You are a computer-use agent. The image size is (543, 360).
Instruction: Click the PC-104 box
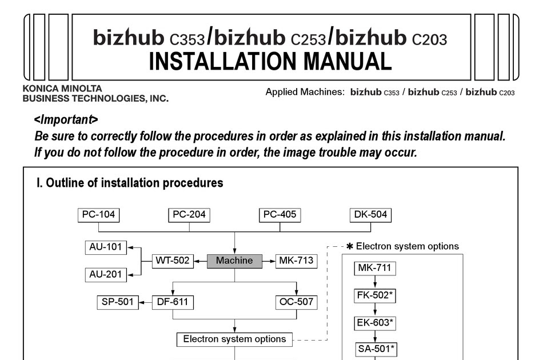pyautogui.click(x=98, y=215)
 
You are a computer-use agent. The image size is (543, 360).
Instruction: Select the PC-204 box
pyautogui.click(x=189, y=215)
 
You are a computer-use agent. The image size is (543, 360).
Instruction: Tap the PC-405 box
pyautogui.click(x=280, y=215)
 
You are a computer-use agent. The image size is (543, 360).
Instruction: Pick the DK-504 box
pyautogui.click(x=370, y=215)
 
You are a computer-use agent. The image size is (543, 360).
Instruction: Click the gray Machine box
pyautogui.click(x=234, y=261)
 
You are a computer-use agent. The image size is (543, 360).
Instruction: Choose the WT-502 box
pyautogui.click(x=172, y=261)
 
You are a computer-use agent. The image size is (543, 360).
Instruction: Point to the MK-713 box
pyautogui.click(x=296, y=261)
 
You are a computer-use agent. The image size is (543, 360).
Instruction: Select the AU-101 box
pyautogui.click(x=106, y=247)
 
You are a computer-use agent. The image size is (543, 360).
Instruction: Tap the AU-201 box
pyautogui.click(x=106, y=274)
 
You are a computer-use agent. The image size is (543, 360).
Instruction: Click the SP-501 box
pyautogui.click(x=118, y=302)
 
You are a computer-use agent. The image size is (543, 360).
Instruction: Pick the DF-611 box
pyautogui.click(x=172, y=302)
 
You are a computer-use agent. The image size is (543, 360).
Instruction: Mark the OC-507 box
pyautogui.click(x=296, y=302)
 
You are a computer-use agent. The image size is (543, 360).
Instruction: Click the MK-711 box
pyautogui.click(x=375, y=268)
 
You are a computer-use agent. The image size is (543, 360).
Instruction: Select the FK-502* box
pyautogui.click(x=375, y=295)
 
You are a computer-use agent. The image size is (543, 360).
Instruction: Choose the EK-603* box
pyautogui.click(x=375, y=323)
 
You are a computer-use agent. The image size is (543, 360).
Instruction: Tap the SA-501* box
pyautogui.click(x=375, y=349)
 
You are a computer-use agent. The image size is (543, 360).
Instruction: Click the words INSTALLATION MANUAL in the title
pyautogui.click(x=270, y=61)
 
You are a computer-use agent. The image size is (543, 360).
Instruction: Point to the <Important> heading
pyautogui.click(x=66, y=120)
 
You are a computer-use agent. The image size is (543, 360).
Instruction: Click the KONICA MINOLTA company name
pyautogui.click(x=62, y=89)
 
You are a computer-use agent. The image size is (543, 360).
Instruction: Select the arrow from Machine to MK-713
pyautogui.click(x=269, y=261)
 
